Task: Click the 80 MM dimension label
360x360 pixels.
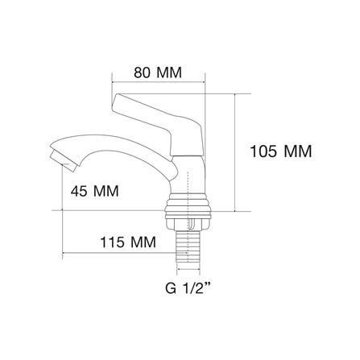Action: click(x=158, y=72)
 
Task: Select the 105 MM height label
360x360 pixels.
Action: click(x=281, y=151)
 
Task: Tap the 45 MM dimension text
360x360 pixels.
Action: click(x=94, y=191)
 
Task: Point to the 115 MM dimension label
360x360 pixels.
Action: click(x=128, y=242)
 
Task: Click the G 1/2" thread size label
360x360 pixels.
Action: click(x=188, y=289)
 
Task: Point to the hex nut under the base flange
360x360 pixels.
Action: click(x=188, y=224)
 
